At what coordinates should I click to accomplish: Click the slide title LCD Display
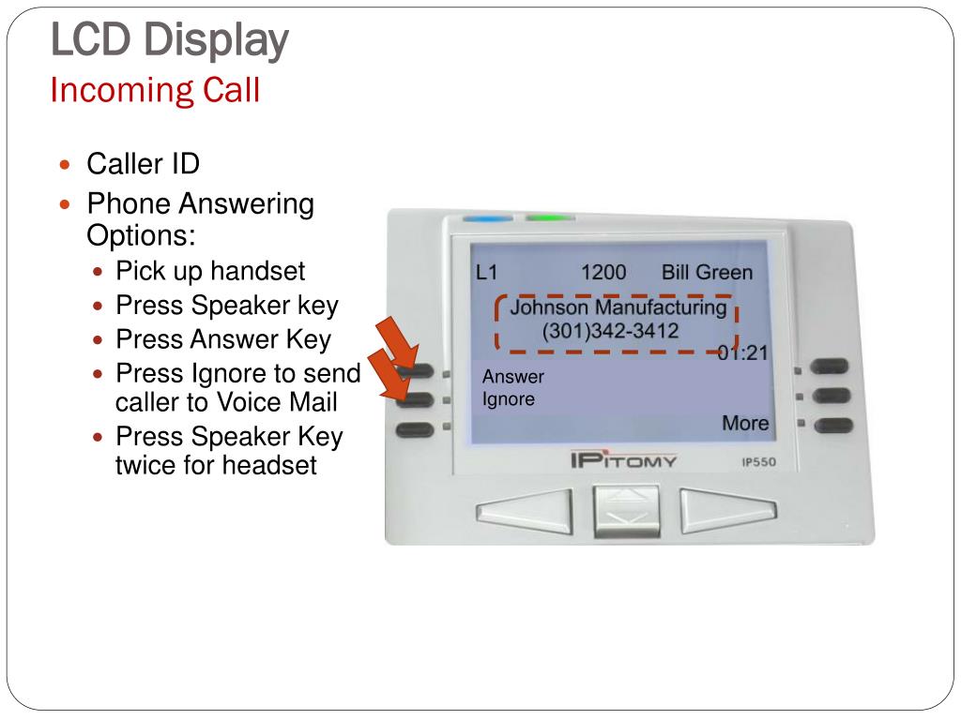pyautogui.click(x=169, y=40)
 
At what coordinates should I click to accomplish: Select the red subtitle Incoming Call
pyautogui.click(x=155, y=91)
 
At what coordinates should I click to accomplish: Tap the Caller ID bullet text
pyautogui.click(x=143, y=164)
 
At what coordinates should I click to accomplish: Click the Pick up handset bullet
pyautogui.click(x=210, y=272)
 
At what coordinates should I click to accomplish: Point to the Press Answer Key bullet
pyautogui.click(x=223, y=339)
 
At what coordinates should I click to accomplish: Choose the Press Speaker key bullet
pyautogui.click(x=226, y=306)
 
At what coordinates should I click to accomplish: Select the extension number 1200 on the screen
pyautogui.click(x=603, y=273)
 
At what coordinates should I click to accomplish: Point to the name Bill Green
pyautogui.click(x=707, y=273)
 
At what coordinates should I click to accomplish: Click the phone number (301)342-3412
pyautogui.click(x=610, y=331)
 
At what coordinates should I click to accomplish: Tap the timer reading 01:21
pyautogui.click(x=742, y=353)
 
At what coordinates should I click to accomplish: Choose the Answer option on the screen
pyautogui.click(x=513, y=377)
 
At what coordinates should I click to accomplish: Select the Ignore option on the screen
pyautogui.click(x=509, y=399)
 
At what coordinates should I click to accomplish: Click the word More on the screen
pyautogui.click(x=745, y=424)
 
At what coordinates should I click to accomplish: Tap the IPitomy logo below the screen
pyautogui.click(x=623, y=461)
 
